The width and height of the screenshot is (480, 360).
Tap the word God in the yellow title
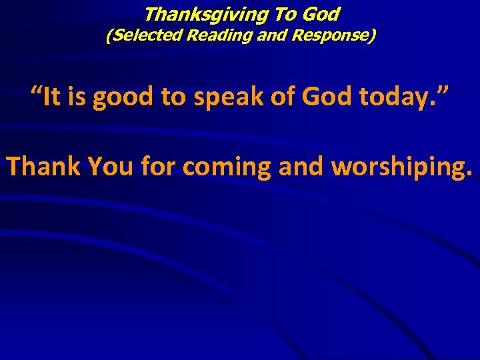(322, 14)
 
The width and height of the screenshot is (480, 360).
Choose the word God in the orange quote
(329, 98)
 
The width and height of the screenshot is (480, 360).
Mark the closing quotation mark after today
(442, 92)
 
